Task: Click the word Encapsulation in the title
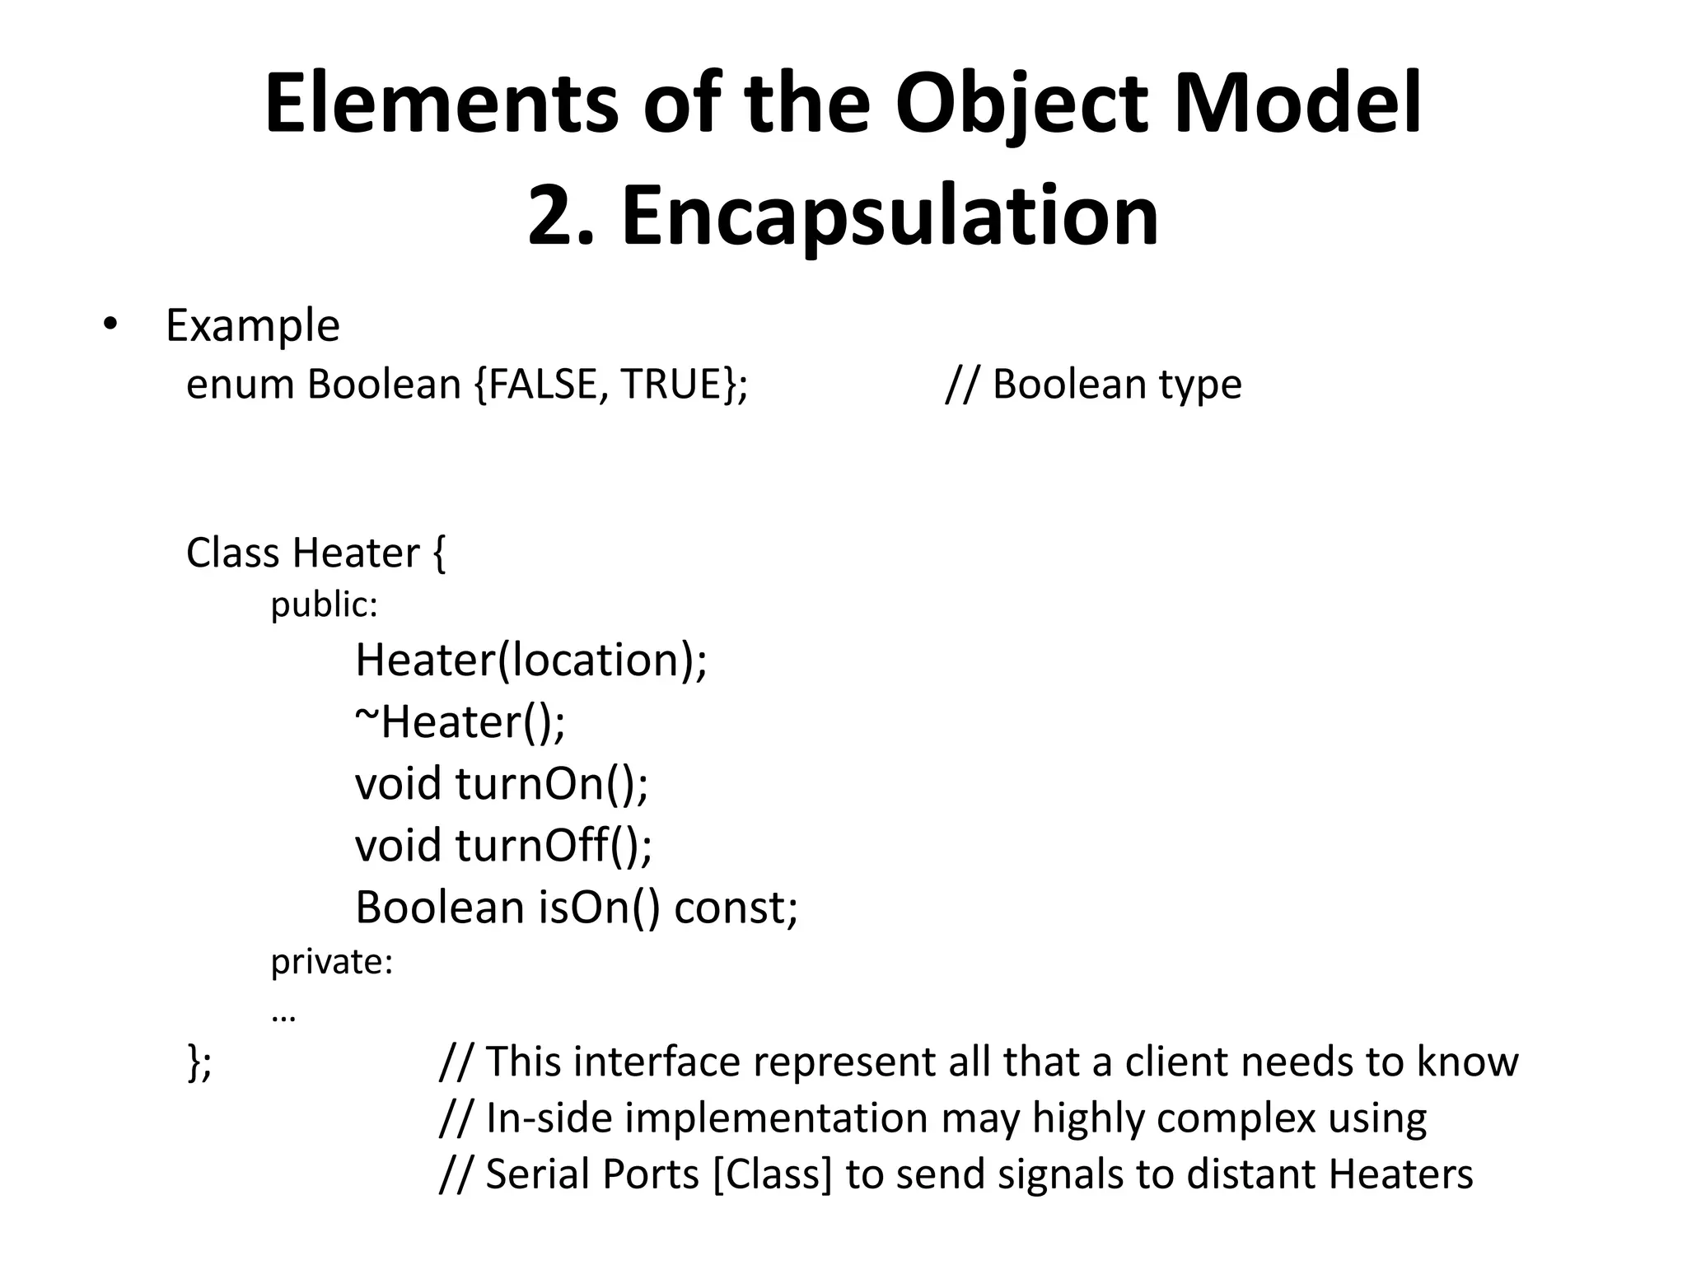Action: [890, 216]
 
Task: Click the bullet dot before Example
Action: [110, 324]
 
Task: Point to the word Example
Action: [252, 325]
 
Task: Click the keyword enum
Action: [240, 385]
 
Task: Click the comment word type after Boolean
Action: [1200, 385]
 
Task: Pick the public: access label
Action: [324, 605]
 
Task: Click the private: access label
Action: [332, 961]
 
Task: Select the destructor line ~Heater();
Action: [460, 721]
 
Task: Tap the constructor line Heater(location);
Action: [530, 660]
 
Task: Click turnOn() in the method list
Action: [551, 783]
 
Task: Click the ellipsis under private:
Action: [283, 1015]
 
